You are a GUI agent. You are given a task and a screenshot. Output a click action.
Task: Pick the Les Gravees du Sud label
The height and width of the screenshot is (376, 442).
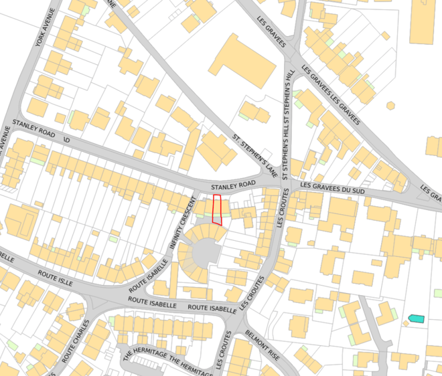[333, 191]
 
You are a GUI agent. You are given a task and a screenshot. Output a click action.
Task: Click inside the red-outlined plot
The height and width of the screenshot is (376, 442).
[217, 209]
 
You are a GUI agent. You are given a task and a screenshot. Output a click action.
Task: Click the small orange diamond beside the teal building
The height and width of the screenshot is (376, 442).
[405, 323]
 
